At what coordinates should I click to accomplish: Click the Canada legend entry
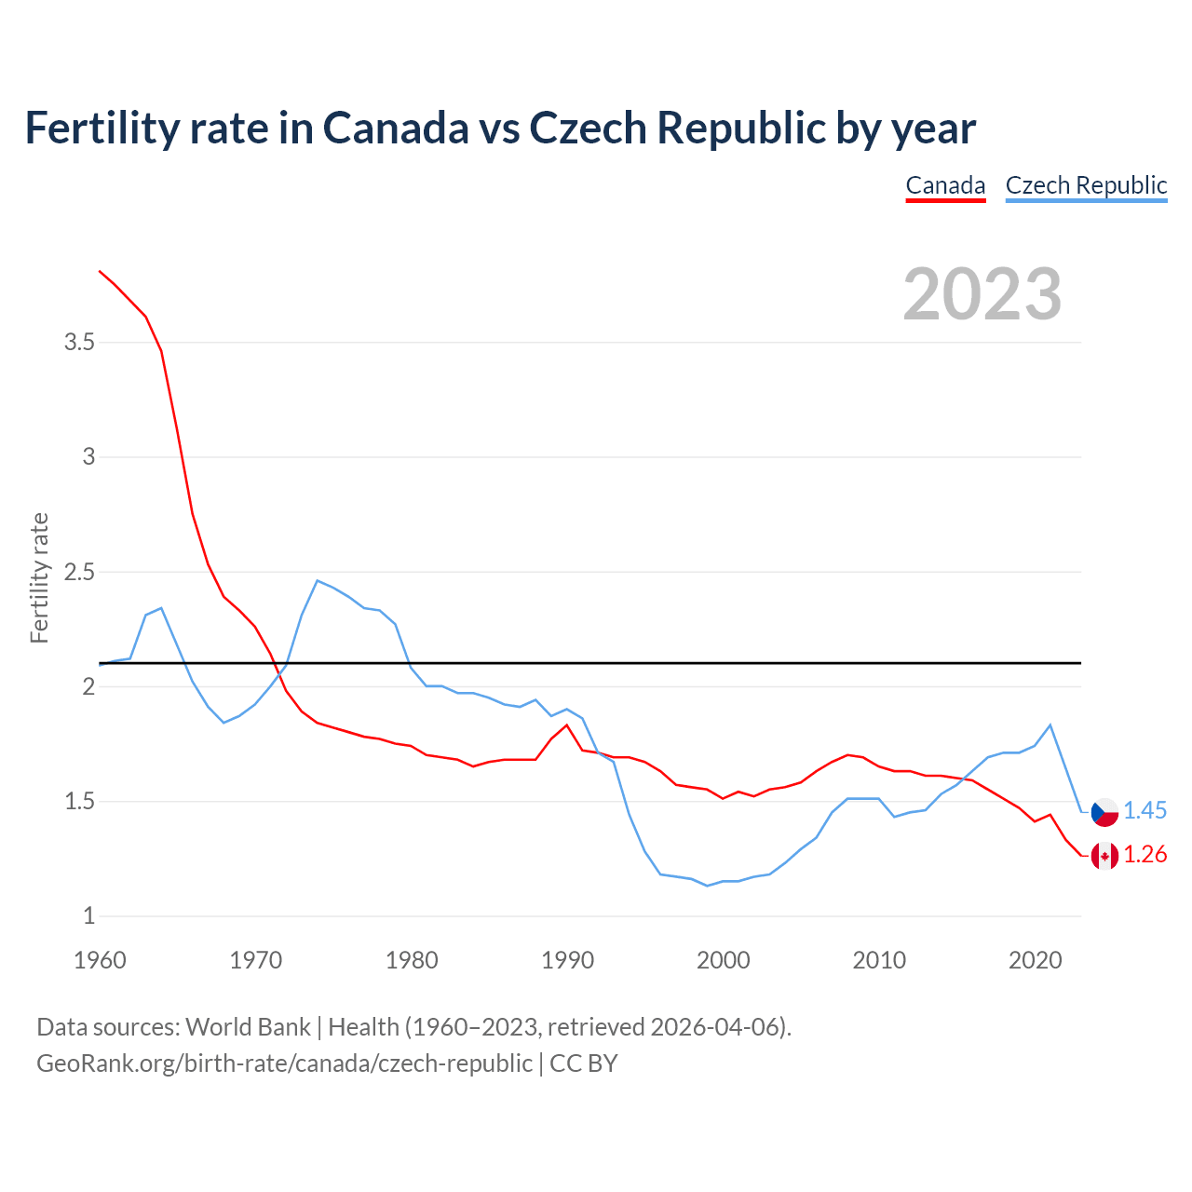tap(945, 185)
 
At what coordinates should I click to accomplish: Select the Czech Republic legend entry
tap(1086, 185)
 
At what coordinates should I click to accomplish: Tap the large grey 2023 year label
tap(982, 294)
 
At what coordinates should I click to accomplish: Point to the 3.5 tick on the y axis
tap(80, 343)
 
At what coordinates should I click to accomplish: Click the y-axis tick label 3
tap(89, 457)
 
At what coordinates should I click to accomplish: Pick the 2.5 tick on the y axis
tap(80, 572)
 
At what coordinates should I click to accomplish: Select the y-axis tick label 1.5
tap(80, 802)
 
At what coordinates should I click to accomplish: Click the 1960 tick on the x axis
tap(100, 960)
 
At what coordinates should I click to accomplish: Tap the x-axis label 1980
tap(412, 960)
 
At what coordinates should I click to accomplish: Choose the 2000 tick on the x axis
tap(724, 960)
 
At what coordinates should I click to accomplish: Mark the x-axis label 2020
tap(1035, 960)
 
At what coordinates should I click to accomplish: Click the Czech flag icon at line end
tap(1104, 811)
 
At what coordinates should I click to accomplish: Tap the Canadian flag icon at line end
tap(1104, 855)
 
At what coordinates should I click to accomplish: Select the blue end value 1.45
tap(1145, 811)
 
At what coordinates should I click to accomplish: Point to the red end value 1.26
tap(1145, 855)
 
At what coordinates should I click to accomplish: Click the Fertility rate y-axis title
tap(39, 577)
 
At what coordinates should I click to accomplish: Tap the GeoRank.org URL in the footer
tap(284, 1063)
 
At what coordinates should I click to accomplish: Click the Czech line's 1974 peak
tap(318, 581)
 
